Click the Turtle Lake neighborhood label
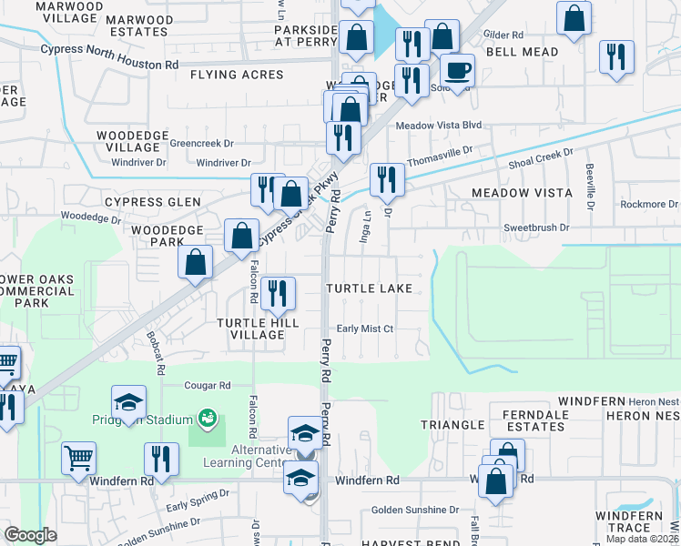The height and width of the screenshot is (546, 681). click(x=370, y=288)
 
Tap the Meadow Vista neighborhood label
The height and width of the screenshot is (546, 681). click(x=522, y=193)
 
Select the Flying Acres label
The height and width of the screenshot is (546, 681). click(x=238, y=75)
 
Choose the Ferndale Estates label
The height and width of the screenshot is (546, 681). click(x=534, y=420)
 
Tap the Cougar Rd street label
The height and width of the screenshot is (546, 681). click(x=208, y=385)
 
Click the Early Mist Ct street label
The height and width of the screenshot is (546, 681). click(x=364, y=329)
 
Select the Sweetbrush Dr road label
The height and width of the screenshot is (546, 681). click(x=536, y=227)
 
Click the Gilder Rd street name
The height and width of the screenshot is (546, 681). click(x=503, y=35)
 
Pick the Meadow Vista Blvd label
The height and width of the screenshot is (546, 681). click(x=438, y=125)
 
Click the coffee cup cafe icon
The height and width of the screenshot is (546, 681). click(x=457, y=69)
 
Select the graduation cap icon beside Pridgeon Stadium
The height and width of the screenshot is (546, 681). click(x=129, y=403)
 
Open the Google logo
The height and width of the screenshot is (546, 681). click(x=31, y=535)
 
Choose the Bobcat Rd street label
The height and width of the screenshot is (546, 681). click(x=153, y=352)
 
